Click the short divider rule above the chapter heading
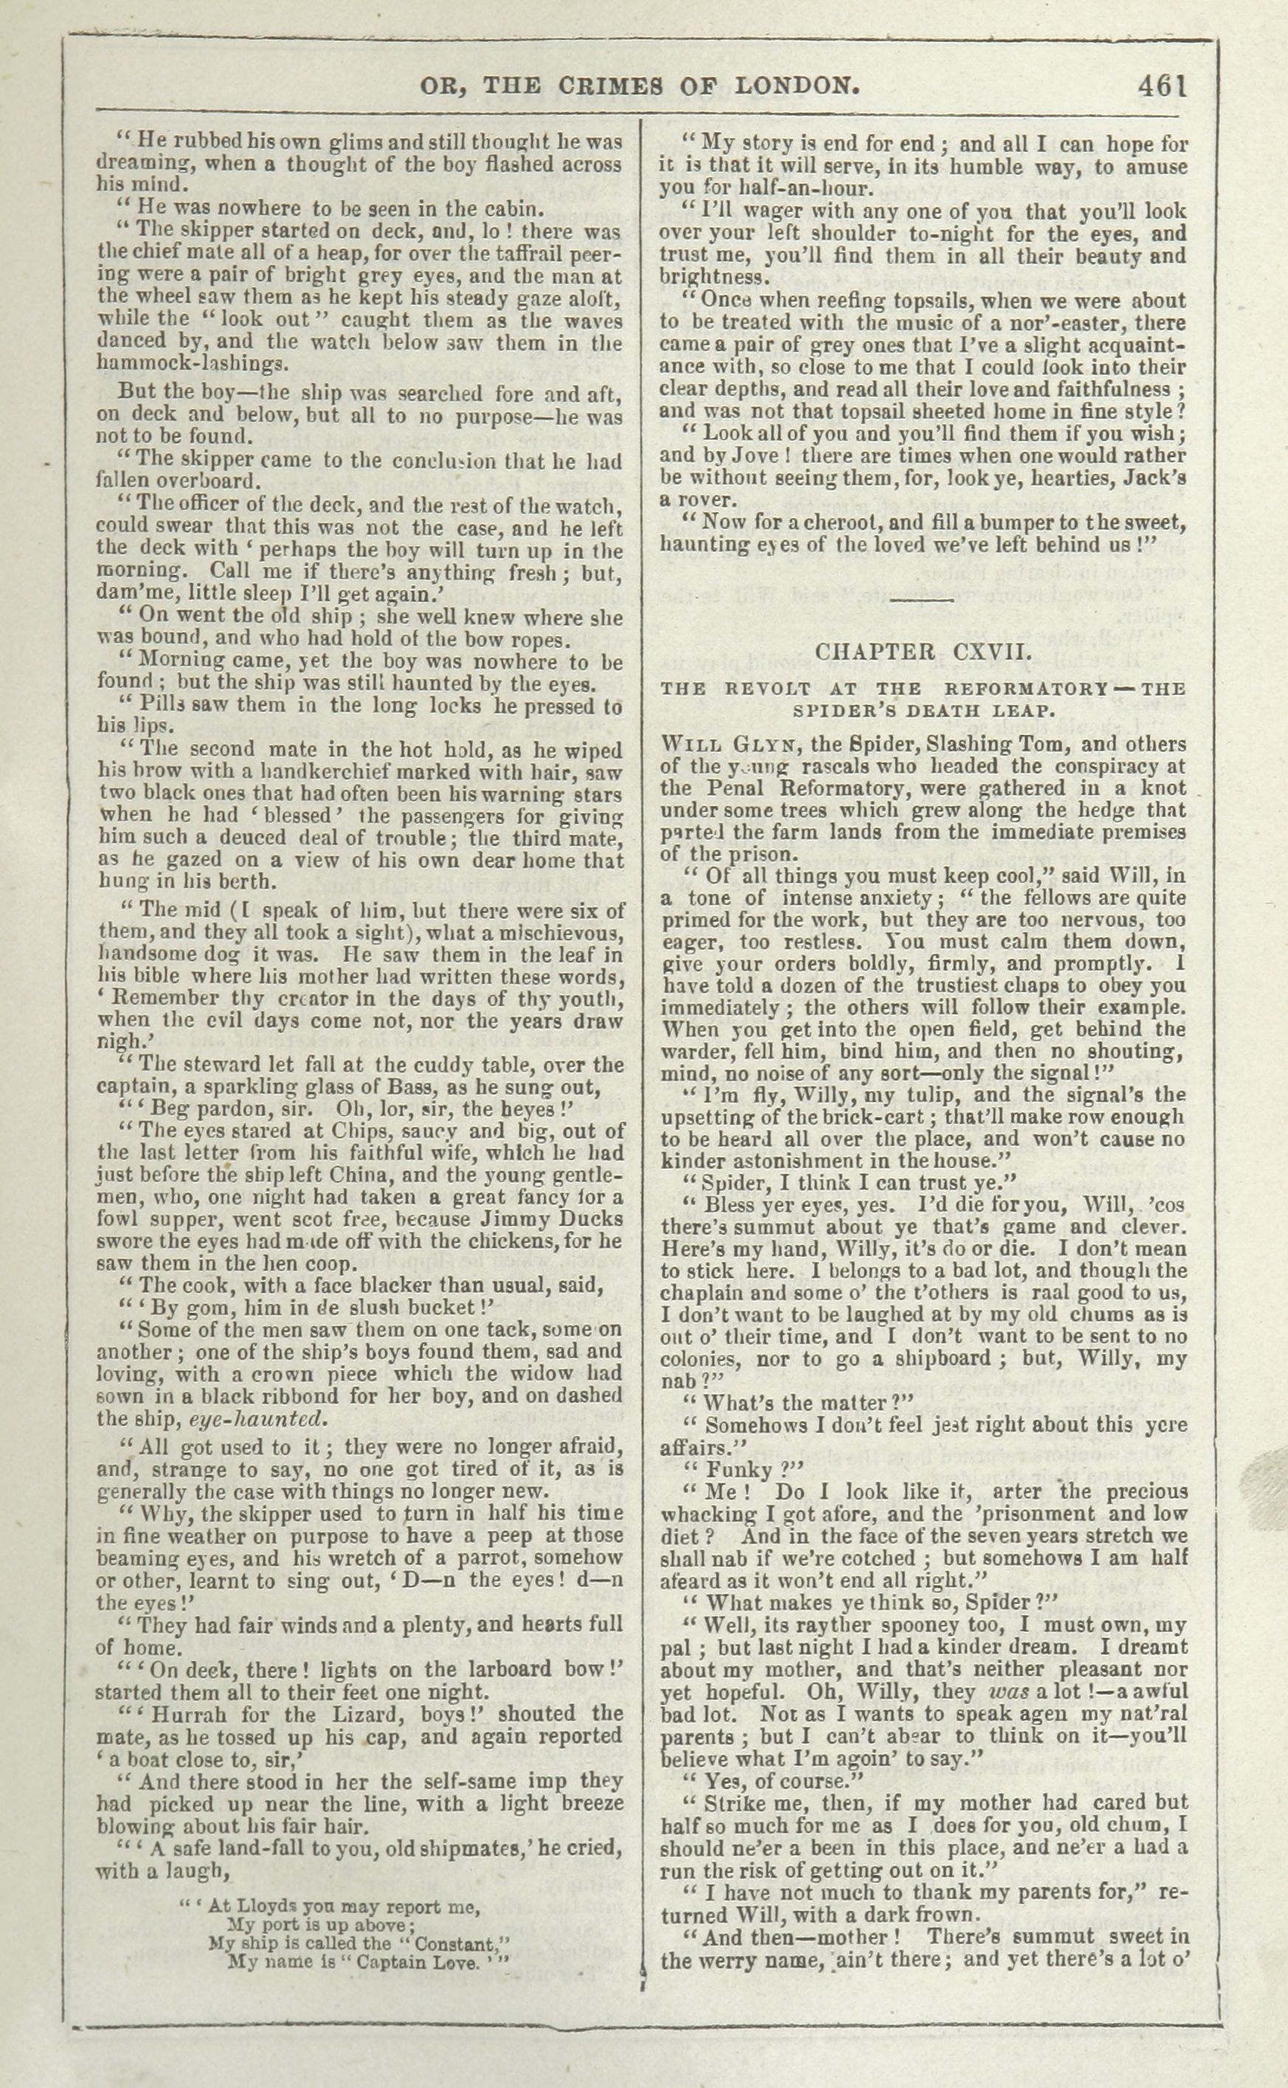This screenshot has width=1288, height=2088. (923, 600)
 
